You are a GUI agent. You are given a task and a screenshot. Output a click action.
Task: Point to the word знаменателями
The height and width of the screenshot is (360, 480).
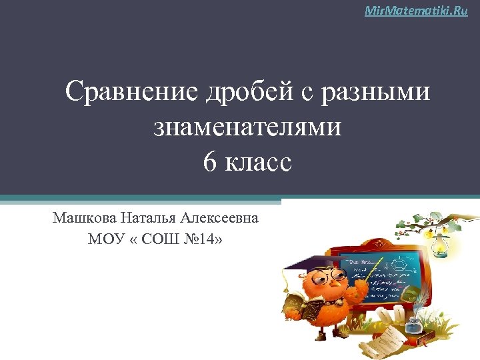247,127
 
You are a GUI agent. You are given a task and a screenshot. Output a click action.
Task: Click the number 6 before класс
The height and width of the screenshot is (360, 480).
209,161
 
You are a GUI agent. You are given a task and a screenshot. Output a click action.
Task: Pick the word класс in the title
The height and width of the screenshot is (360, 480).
259,161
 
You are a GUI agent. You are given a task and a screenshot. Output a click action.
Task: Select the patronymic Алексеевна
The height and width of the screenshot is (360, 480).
225,217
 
